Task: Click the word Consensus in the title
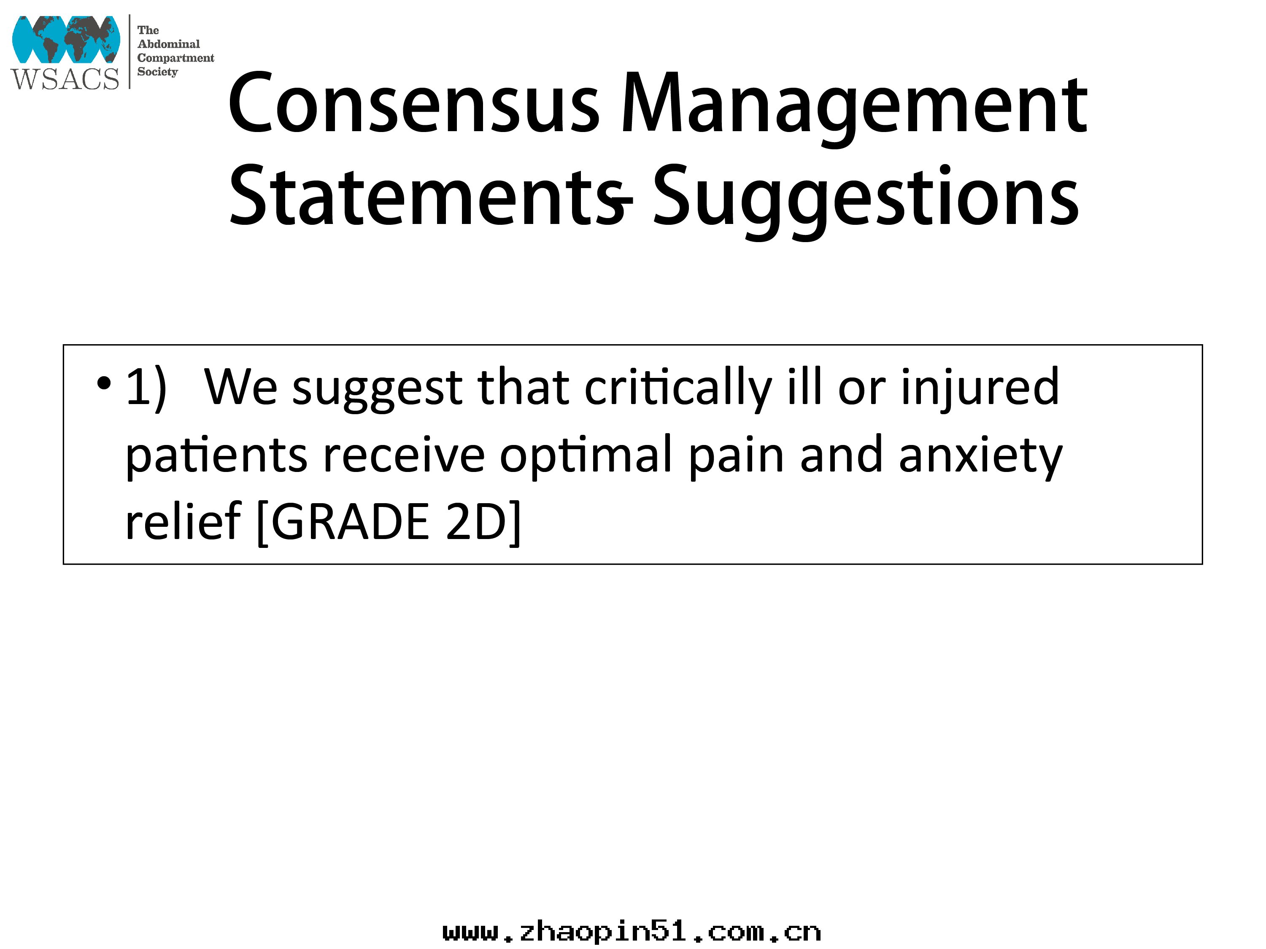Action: pyautogui.click(x=414, y=103)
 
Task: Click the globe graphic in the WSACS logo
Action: pyautogui.click(x=66, y=40)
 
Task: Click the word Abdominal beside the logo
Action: pyautogui.click(x=169, y=44)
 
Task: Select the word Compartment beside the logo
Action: pyautogui.click(x=176, y=58)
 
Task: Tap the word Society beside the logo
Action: pyautogui.click(x=158, y=72)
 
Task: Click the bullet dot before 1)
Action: pyautogui.click(x=104, y=383)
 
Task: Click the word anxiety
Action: pyautogui.click(x=981, y=457)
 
